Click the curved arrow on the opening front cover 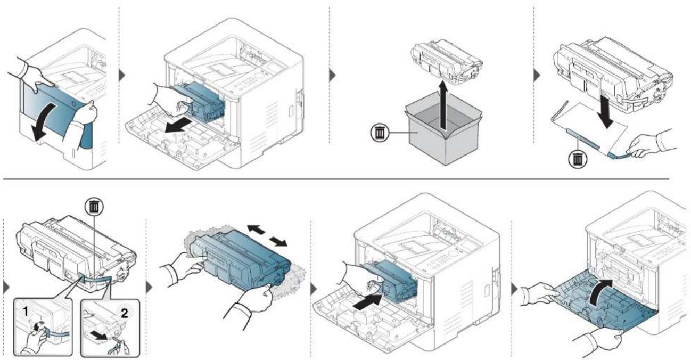click(x=46, y=120)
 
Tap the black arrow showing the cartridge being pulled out click(x=178, y=126)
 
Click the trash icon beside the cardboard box click(x=380, y=133)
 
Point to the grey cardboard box click(x=443, y=133)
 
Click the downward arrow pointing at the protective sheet click(x=605, y=112)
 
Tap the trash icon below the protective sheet click(x=578, y=159)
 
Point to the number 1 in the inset click(x=26, y=312)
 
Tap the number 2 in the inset click(x=125, y=314)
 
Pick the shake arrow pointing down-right click(x=278, y=242)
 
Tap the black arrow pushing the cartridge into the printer click(x=368, y=302)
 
